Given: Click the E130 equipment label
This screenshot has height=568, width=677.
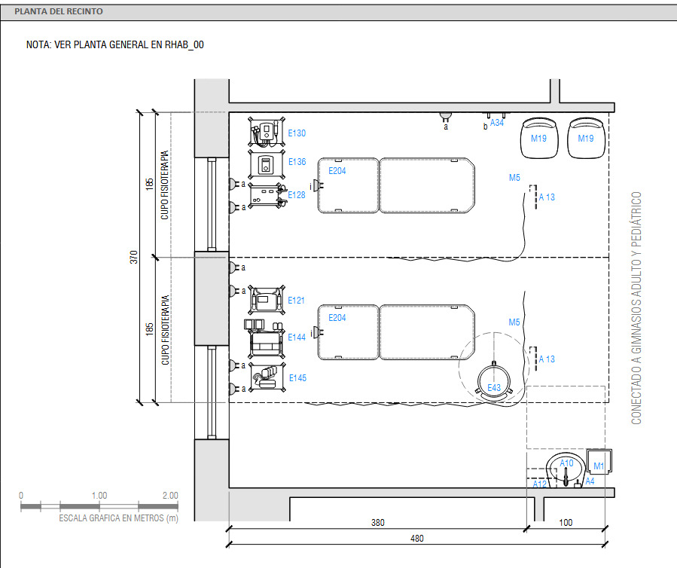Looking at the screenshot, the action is coord(297,133).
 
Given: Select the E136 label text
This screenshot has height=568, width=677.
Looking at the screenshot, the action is coord(297,161).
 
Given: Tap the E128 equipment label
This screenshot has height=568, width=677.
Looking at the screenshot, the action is coord(297,195).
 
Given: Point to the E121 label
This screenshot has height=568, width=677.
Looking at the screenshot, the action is coord(296,301).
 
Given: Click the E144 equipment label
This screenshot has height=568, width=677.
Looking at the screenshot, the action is coord(297,337).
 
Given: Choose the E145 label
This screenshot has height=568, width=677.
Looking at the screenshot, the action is coord(297,378).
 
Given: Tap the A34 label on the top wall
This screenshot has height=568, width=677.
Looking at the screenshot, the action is coord(497,123).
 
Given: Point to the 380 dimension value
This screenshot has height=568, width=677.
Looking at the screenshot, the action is coord(378,523).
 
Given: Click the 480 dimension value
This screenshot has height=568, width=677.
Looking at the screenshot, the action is coord(417,538).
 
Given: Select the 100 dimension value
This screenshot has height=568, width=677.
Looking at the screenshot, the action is coord(566,523).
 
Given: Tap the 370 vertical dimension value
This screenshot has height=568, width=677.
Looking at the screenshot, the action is coord(134,257).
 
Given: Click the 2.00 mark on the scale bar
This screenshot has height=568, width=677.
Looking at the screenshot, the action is coord(170,496).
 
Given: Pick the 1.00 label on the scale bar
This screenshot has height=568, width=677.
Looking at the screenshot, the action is coord(99,496).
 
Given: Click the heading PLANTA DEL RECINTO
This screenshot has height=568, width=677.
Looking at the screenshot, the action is coord(59,11).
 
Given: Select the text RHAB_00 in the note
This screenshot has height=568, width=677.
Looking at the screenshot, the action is coord(184,44).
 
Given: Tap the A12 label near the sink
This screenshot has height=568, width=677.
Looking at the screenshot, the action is coord(540,484).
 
